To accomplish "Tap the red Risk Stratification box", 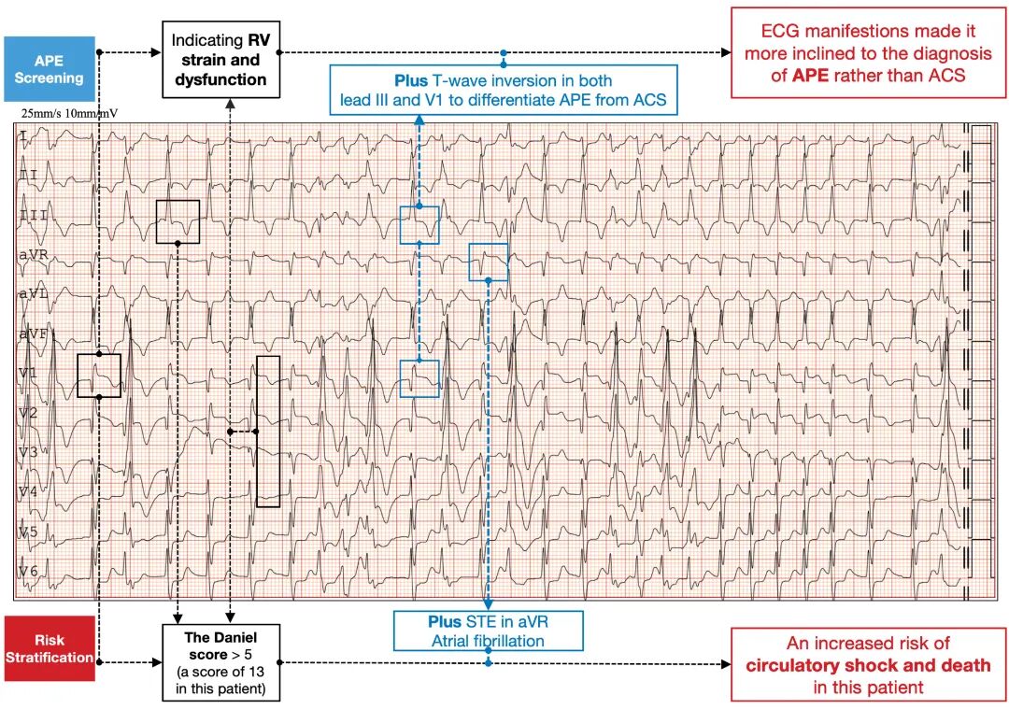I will tap(49, 648).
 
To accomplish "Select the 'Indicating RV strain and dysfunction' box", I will tap(220, 61).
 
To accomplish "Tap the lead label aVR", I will tap(34, 255).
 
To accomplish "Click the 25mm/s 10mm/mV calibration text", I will tap(68, 114).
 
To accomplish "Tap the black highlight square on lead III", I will tap(178, 221).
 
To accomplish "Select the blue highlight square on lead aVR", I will tap(488, 262).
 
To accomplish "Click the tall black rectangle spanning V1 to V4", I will tap(268, 432).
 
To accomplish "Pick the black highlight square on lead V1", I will tap(99, 376).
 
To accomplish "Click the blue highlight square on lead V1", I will tap(419, 378).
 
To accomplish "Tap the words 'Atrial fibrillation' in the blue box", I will tap(488, 641).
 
